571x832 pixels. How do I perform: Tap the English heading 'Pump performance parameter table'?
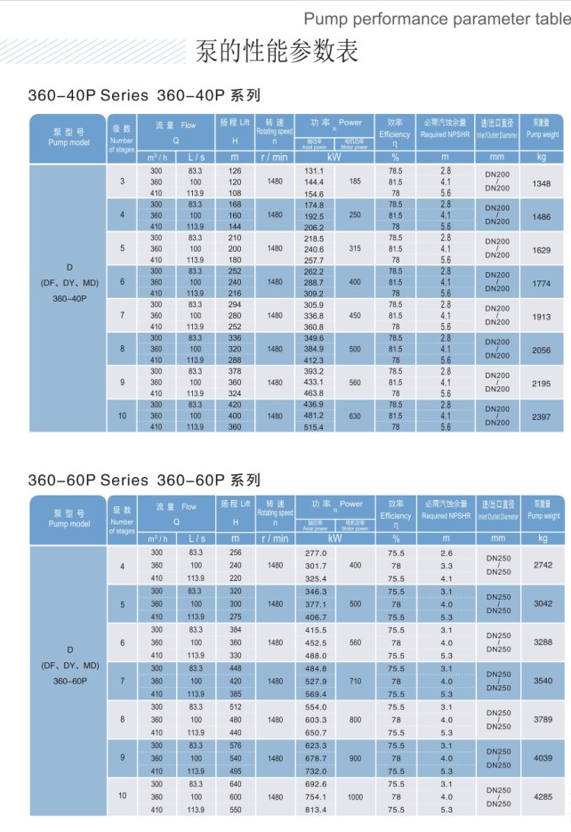coord(437,17)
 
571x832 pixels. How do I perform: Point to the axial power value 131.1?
coord(315,170)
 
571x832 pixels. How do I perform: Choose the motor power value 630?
coord(355,416)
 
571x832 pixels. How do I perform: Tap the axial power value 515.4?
coord(315,428)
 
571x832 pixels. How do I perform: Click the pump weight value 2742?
coord(543,565)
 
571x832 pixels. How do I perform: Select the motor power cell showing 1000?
coord(356,797)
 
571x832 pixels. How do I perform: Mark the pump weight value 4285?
coord(543,797)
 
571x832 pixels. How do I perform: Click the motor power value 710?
coord(356,681)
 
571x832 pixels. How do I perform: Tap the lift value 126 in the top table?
coord(235,170)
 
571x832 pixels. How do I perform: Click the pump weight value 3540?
coord(543,682)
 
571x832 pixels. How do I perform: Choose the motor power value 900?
coord(356,758)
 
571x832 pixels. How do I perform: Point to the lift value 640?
coord(235,784)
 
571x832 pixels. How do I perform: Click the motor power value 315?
coord(355,248)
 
